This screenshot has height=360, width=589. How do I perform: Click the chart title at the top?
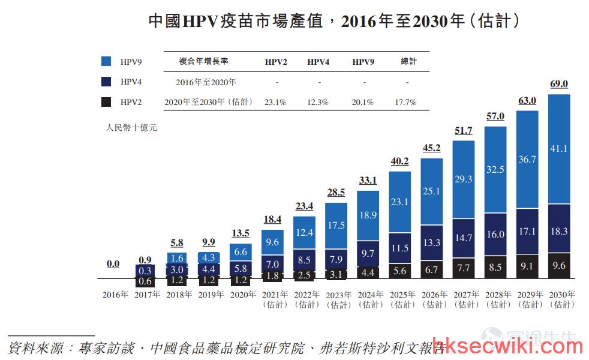pos(333,21)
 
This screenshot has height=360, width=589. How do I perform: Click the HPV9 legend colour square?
pos(106,61)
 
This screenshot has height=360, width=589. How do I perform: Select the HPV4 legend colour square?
pos(106,82)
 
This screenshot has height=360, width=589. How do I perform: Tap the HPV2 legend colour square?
pos(106,102)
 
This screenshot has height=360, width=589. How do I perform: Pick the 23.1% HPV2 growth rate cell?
pos(275,102)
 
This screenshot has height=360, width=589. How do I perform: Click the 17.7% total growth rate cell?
pos(405,102)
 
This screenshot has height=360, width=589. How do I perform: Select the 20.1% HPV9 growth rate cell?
pos(362,102)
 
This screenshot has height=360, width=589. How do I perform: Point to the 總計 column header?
pos(408,61)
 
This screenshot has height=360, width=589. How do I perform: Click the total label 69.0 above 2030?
pos(559,84)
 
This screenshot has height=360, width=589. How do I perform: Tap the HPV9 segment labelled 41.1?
pos(559,149)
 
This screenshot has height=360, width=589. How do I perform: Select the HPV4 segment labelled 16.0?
pos(495,235)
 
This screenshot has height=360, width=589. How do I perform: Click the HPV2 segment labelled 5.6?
pos(399,271)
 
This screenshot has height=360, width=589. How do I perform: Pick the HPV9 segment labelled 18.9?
pos(368,215)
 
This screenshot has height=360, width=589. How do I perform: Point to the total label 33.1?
pos(368,181)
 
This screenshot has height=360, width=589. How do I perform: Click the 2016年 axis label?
pos(115,295)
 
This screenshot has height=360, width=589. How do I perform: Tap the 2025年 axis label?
pos(402,295)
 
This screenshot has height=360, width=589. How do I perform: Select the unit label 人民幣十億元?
pos(131,128)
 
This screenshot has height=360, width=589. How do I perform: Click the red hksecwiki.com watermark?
pos(508,346)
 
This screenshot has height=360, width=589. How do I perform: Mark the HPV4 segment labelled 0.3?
pos(145,271)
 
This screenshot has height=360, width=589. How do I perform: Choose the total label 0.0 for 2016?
pos(113,264)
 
